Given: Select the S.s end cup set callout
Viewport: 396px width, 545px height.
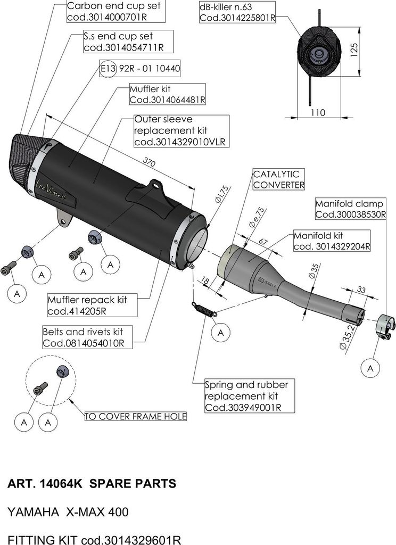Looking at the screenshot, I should pyautogui.click(x=123, y=42).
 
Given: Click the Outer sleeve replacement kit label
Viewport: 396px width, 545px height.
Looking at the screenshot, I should pyautogui.click(x=181, y=130).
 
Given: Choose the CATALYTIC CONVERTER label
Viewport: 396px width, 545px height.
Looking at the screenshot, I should pyautogui.click(x=278, y=179).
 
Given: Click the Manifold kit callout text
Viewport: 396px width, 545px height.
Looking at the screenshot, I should pyautogui.click(x=332, y=241).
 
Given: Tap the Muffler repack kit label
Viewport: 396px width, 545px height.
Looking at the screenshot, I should pyautogui.click(x=86, y=305).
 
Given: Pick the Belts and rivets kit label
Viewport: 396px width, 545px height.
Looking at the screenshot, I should pyautogui.click(x=86, y=337).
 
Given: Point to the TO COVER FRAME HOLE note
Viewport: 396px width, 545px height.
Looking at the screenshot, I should pyautogui.click(x=136, y=416).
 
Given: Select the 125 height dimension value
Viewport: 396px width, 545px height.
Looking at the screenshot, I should pyautogui.click(x=355, y=49).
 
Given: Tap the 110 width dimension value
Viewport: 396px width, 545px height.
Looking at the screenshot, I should pyautogui.click(x=317, y=112).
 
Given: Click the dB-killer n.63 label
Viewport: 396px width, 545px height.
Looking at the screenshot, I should pyautogui.click(x=236, y=12).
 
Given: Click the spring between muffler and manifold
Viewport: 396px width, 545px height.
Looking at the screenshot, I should pyautogui.click(x=204, y=309).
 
